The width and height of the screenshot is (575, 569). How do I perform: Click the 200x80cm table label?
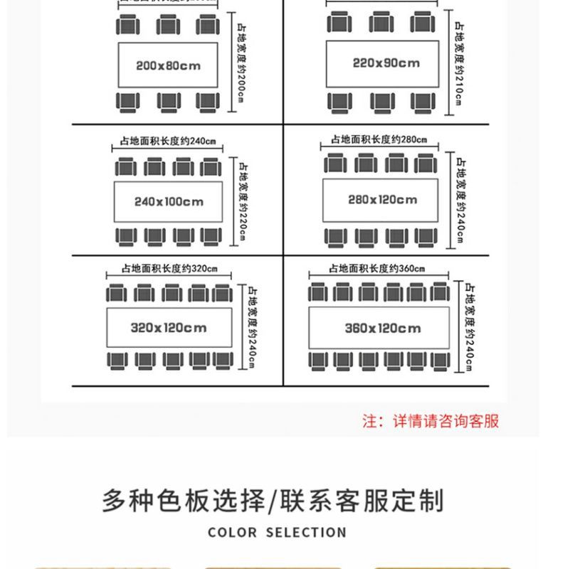(168, 66)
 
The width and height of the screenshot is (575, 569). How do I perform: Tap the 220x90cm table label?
(386, 63)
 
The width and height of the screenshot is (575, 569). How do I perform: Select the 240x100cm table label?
(169, 201)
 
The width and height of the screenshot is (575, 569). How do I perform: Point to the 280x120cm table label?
(383, 200)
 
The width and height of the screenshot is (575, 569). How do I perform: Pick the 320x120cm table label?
(169, 328)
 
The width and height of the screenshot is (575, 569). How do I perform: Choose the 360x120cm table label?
(383, 329)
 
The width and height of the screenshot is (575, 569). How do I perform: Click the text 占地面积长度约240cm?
(167, 142)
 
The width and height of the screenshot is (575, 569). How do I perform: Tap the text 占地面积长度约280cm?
(379, 140)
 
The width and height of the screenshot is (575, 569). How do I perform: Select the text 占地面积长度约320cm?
(169, 269)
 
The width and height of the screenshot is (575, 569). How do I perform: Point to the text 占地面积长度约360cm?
(377, 268)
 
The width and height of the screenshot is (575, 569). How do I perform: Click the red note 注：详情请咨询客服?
(431, 421)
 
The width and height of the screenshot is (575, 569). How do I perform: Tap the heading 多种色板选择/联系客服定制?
(273, 501)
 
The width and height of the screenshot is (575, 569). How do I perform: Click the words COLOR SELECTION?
(278, 532)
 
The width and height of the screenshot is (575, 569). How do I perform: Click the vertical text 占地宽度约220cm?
(242, 201)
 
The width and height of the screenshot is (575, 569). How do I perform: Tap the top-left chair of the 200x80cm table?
(128, 26)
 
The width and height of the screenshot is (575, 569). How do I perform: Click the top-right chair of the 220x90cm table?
(424, 23)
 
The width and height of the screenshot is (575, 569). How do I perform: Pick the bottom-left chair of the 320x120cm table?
(117, 360)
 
